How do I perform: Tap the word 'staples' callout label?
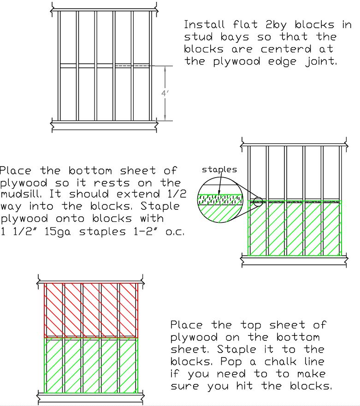click(219, 170)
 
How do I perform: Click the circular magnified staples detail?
click(220, 200)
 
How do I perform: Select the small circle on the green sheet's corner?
click(258, 201)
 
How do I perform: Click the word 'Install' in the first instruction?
click(204, 24)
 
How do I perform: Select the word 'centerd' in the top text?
click(286, 49)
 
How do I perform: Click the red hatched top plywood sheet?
click(91, 310)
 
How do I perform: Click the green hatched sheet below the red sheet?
click(91, 365)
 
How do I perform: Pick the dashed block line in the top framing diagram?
click(132, 66)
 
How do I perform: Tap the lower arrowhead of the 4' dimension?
click(165, 117)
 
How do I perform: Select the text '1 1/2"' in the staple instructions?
click(18, 231)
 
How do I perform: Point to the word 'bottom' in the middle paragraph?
click(90, 171)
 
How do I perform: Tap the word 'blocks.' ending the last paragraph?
click(311, 386)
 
